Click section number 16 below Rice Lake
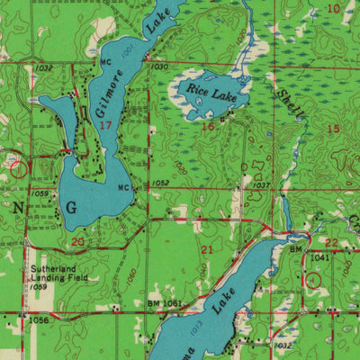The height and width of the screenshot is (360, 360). click(208, 127)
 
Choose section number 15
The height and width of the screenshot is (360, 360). click(333, 130)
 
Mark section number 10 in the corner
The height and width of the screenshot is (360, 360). click(334, 8)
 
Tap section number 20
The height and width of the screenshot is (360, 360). click(77, 242)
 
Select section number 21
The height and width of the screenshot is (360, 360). click(208, 248)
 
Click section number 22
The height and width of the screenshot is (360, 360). click(331, 243)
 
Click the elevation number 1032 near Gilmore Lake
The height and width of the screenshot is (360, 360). click(44, 68)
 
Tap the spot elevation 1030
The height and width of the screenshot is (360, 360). click(159, 67)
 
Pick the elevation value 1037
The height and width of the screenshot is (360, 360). click(261, 185)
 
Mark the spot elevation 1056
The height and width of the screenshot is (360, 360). click(37, 319)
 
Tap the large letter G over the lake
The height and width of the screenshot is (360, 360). click(71, 208)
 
